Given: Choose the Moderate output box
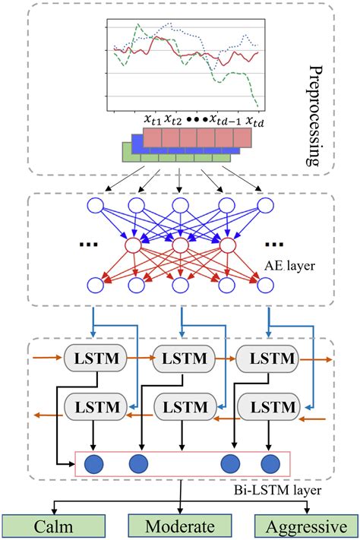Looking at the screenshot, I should click(x=179, y=526).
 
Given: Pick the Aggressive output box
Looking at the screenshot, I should click(x=302, y=526).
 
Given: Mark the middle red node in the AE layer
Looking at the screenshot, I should click(x=179, y=246).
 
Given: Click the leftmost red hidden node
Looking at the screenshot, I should click(x=134, y=246).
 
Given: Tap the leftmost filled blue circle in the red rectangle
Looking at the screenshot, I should click(x=95, y=463).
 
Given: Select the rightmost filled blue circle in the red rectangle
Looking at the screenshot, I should click(x=270, y=463).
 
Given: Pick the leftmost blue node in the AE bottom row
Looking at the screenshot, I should click(x=95, y=286).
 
